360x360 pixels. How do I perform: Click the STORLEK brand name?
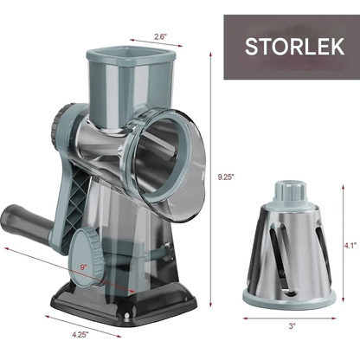click(294, 46)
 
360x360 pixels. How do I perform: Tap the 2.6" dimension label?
click(161, 37)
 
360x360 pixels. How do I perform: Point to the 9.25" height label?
click(225, 177)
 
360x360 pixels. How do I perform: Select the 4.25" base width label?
click(80, 335)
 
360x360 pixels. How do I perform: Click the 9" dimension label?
click(84, 267)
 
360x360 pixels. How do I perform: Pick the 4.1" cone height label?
click(350, 246)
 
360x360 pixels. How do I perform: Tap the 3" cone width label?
click(292, 326)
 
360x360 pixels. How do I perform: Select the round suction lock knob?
click(87, 257)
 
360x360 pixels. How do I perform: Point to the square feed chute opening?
click(132, 55)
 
